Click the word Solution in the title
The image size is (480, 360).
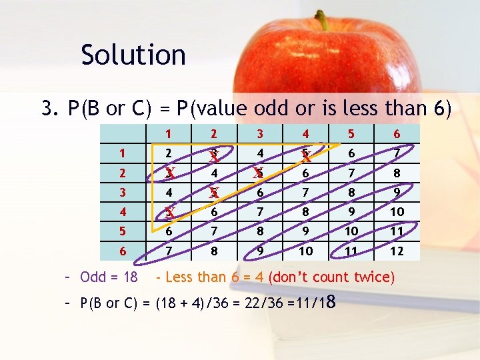[133, 55]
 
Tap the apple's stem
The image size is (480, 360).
[323, 20]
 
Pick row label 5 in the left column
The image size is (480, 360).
[121, 231]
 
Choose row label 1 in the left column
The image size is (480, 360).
[121, 154]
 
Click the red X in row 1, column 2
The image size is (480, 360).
[214, 157]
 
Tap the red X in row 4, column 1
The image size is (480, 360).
[171, 213]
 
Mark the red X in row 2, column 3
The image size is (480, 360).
[258, 174]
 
